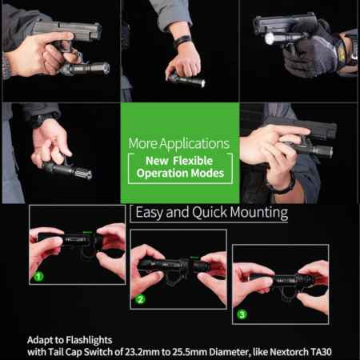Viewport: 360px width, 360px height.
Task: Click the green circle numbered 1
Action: coord(37,276)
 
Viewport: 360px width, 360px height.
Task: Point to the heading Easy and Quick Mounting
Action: coord(211,214)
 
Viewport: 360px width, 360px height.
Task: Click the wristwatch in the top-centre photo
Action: coord(182,41)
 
